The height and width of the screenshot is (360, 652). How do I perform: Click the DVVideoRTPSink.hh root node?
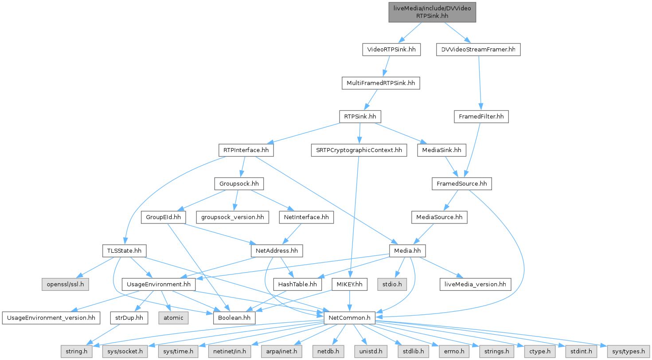coord(432,12)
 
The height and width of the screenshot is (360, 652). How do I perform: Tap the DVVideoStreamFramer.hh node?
coord(477,50)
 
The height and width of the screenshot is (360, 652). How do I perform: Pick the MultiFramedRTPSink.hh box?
coord(380,83)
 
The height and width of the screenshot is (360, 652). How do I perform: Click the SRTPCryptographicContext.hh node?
coord(358,150)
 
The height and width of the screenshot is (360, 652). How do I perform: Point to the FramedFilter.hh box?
coord(481,117)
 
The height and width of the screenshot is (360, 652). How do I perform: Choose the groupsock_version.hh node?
coord(233,217)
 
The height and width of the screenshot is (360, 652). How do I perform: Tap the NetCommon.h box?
coord(350,317)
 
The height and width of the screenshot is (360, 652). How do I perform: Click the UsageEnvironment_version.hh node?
coord(49,317)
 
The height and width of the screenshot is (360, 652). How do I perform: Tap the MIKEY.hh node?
coord(350,284)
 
